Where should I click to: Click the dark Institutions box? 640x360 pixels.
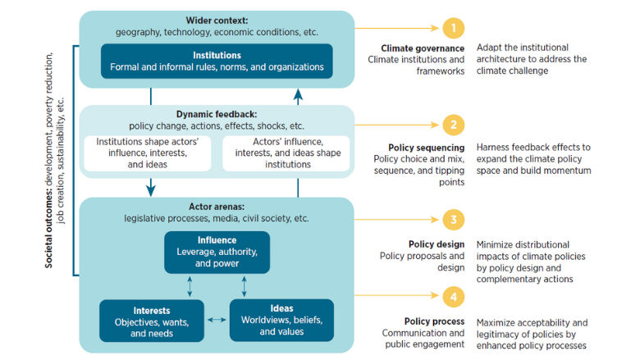click(217, 61)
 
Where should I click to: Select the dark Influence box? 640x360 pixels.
click(217, 252)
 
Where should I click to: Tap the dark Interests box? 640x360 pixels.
click(151, 320)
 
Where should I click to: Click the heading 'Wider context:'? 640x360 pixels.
click(217, 21)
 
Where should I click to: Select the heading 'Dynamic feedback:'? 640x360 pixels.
click(217, 114)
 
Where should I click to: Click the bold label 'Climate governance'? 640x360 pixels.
click(422, 48)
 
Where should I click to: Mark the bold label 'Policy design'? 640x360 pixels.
click(436, 244)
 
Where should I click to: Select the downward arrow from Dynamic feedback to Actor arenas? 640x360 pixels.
click(151, 188)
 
